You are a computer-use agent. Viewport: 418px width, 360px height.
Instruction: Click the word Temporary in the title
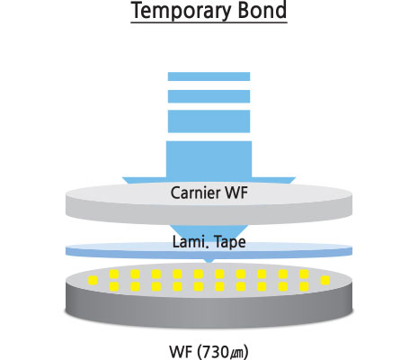pyautogui.click(x=180, y=11)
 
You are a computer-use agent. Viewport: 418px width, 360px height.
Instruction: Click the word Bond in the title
pyautogui.click(x=261, y=10)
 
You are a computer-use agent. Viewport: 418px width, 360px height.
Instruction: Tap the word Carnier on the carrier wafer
pyautogui.click(x=195, y=193)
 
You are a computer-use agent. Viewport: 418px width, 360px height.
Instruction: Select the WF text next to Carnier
pyautogui.click(x=236, y=193)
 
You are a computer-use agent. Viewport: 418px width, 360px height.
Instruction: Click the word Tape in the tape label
pyautogui.click(x=230, y=242)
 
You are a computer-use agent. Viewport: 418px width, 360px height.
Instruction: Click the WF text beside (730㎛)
pyautogui.click(x=182, y=352)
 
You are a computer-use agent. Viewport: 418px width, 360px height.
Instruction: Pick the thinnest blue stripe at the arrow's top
pyautogui.click(x=209, y=76)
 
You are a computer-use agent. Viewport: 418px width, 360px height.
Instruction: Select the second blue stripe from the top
pyautogui.click(x=209, y=96)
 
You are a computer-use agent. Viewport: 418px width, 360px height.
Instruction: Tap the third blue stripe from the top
pyautogui.click(x=209, y=121)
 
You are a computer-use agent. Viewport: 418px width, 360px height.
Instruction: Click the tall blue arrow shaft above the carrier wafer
pyautogui.click(x=209, y=160)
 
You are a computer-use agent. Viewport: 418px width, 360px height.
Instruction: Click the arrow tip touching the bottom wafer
pyautogui.click(x=209, y=262)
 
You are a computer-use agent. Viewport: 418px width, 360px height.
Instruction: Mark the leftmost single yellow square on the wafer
pyautogui.click(x=93, y=281)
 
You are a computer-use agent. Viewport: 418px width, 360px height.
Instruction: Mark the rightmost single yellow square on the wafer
pyautogui.click(x=325, y=281)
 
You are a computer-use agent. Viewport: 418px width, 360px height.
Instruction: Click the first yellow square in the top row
pyautogui.click(x=114, y=274)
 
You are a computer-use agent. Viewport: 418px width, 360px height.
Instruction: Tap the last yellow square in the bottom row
pyautogui.click(x=304, y=286)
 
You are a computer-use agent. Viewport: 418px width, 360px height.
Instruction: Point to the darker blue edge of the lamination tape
pyautogui.click(x=209, y=254)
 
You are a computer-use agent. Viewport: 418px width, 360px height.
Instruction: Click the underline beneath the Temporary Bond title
pyautogui.click(x=209, y=22)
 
